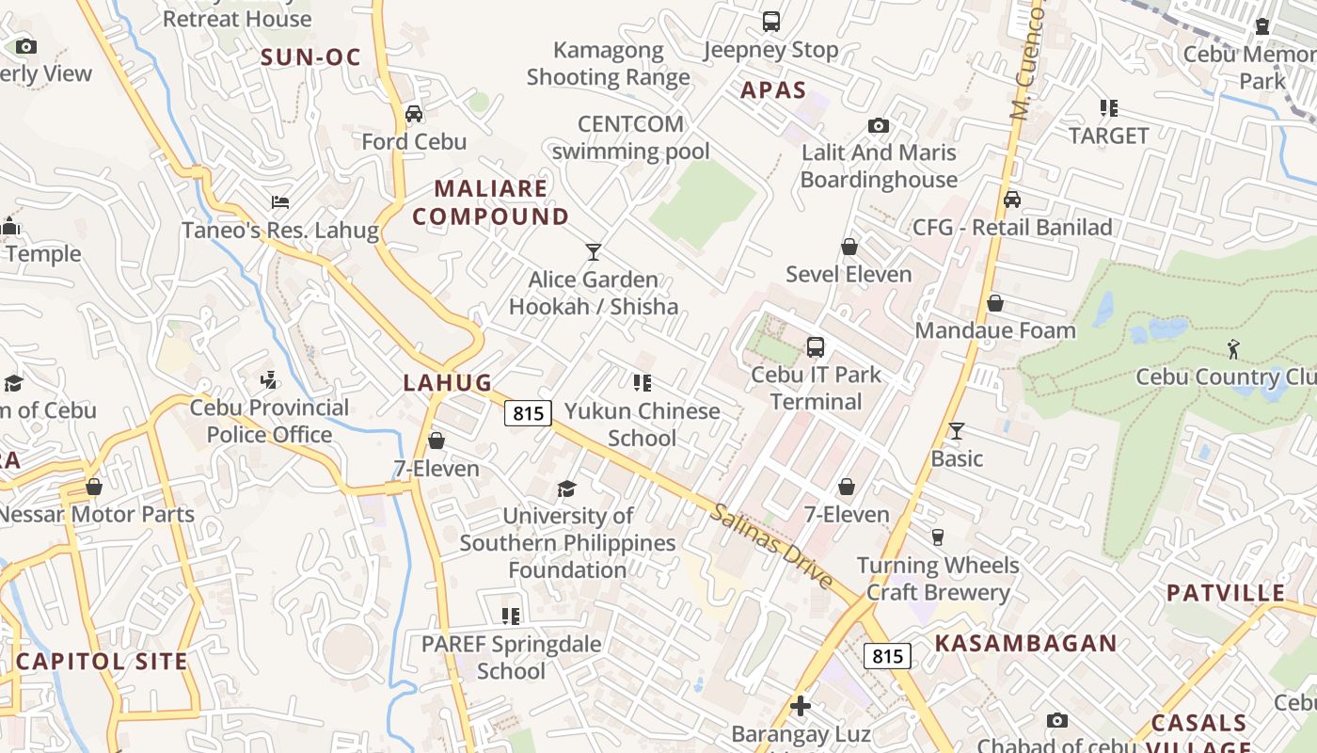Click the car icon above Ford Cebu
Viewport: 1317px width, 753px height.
(x=413, y=114)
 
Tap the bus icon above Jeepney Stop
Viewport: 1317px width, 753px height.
(x=770, y=21)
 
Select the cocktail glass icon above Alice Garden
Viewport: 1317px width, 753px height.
(x=593, y=251)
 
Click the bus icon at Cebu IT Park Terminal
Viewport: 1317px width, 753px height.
(x=816, y=346)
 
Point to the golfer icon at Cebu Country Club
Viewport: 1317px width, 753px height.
(x=1233, y=349)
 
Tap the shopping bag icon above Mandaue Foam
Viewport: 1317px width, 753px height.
(x=994, y=303)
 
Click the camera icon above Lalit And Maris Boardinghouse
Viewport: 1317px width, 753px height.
(x=878, y=125)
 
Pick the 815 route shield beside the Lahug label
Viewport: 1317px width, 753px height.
(x=527, y=412)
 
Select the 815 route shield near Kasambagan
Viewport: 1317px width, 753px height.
(x=887, y=656)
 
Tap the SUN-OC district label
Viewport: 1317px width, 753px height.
(x=310, y=57)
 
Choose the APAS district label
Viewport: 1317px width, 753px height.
(x=773, y=90)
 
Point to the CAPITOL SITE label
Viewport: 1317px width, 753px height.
(x=102, y=661)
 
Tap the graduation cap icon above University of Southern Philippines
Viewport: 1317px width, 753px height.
(x=566, y=489)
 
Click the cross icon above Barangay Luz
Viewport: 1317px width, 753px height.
(x=801, y=706)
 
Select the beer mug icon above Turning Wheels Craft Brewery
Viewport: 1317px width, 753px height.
(x=937, y=537)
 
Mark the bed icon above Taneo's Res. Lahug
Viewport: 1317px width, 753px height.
(x=279, y=201)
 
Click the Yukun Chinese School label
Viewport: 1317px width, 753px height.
(x=643, y=425)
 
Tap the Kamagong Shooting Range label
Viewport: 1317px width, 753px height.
(x=608, y=64)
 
